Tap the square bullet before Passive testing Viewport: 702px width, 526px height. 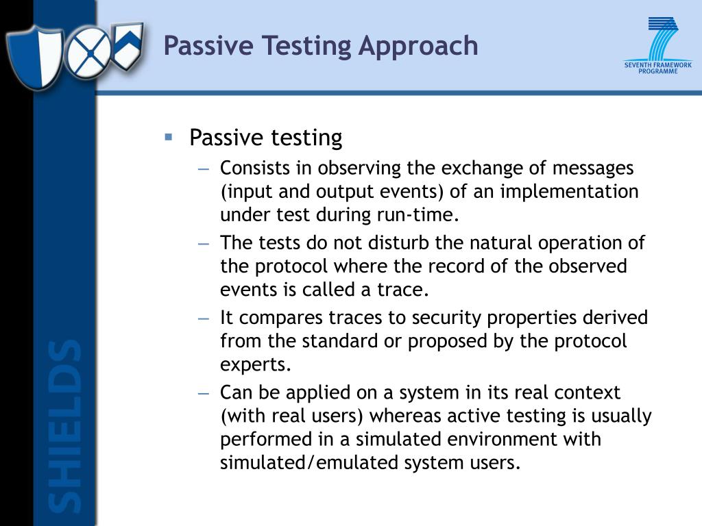tap(169, 137)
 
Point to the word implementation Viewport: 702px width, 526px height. tap(569, 191)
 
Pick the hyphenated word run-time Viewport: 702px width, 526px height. tap(419, 214)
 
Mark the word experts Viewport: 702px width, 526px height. tap(256, 364)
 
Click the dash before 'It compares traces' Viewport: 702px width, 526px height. tap(204, 318)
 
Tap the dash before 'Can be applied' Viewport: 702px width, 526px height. tap(204, 393)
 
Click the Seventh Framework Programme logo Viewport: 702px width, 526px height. tap(657, 46)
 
